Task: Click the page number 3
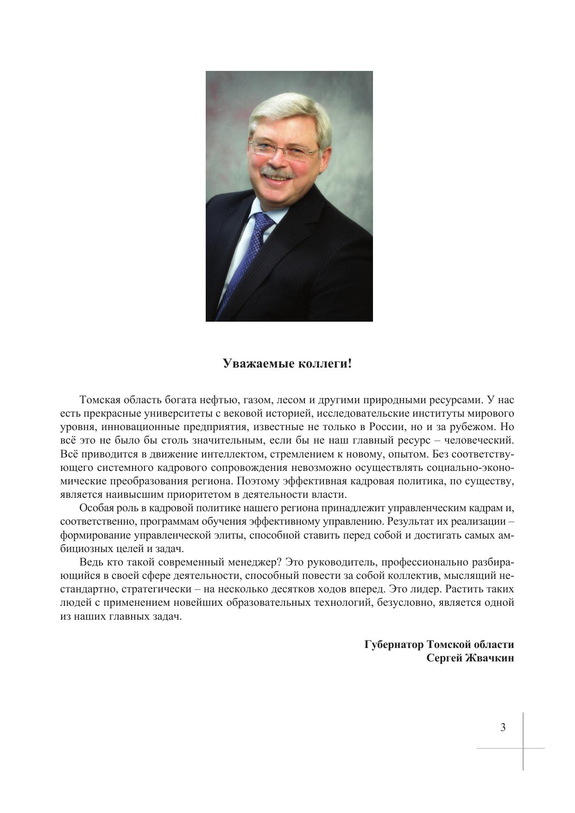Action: point(503,727)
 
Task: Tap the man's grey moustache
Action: point(277,172)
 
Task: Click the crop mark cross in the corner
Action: point(523,748)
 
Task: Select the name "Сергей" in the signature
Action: point(445,658)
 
